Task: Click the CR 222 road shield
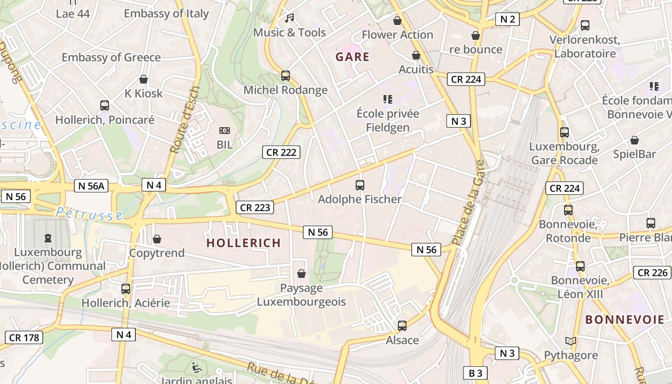281,153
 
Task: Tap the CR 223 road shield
255,207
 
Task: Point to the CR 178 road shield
24,337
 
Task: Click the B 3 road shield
475,373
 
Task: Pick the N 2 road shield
507,19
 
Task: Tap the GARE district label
352,57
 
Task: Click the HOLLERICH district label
243,243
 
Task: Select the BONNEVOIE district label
624,320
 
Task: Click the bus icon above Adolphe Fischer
360,185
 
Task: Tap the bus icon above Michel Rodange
286,76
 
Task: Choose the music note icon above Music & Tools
289,18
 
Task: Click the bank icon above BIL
224,131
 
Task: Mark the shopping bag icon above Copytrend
157,239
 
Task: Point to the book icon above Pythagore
570,341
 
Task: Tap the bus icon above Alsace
402,326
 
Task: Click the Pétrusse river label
89,214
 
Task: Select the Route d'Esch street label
185,120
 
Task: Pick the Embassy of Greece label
111,58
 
